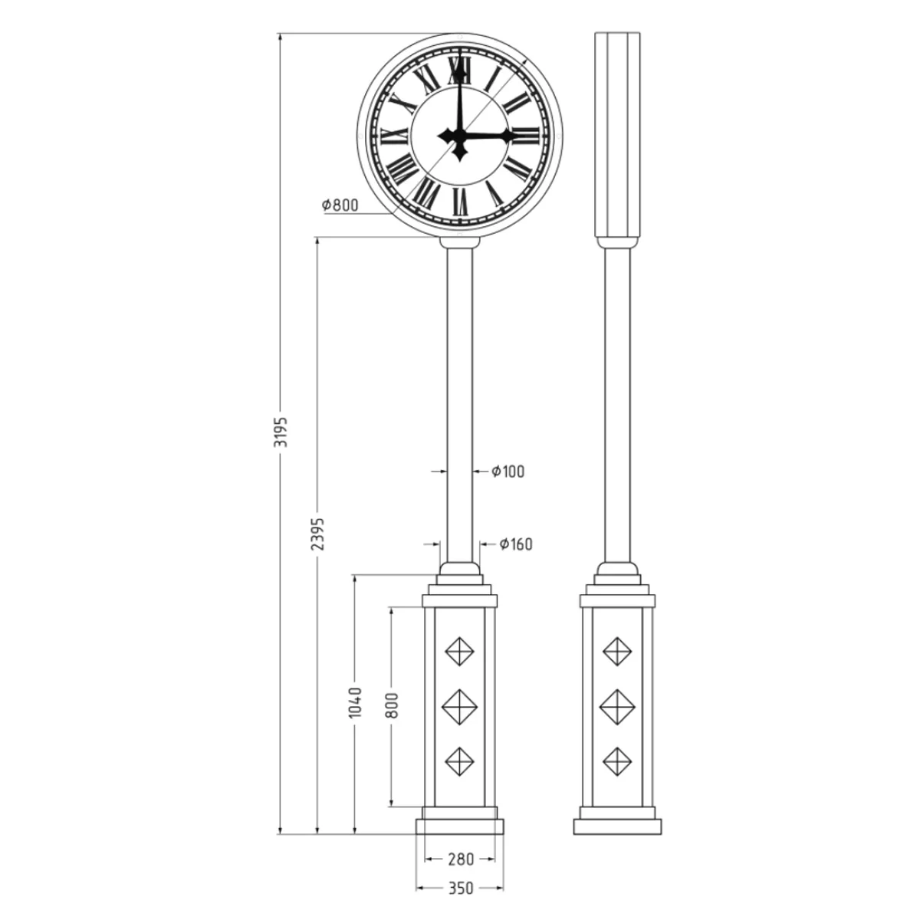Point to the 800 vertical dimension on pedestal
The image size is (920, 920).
(393, 705)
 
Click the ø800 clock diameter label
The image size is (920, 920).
(340, 205)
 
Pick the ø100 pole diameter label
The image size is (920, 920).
(508, 472)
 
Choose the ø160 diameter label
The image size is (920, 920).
(516, 544)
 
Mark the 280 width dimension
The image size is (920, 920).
(460, 859)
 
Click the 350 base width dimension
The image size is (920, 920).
(460, 889)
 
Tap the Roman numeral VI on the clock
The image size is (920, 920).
(460, 200)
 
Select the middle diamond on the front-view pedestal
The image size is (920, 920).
(460, 705)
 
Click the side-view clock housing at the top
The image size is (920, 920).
(618, 134)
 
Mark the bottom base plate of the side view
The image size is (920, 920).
(618, 826)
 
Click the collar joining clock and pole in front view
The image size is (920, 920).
(460, 242)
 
